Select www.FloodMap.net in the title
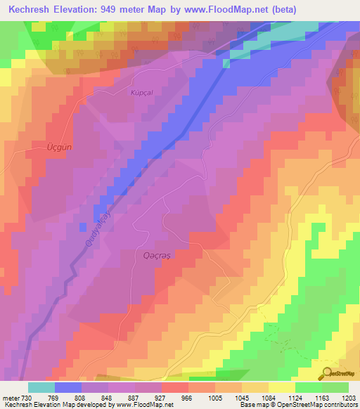[225, 10]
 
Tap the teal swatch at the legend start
[41, 387]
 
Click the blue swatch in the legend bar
[68, 387]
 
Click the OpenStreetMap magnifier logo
[326, 372]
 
